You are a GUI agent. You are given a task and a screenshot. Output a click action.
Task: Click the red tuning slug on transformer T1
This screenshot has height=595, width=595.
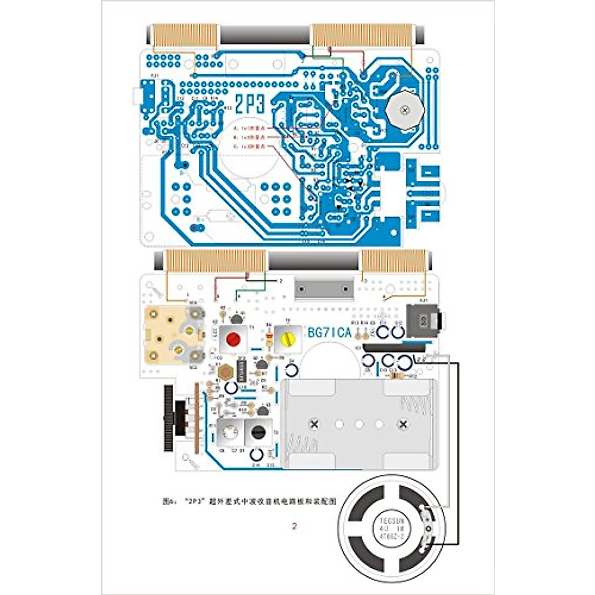pos(233,340)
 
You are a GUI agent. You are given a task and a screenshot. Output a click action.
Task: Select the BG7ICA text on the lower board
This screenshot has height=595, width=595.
pos(329,333)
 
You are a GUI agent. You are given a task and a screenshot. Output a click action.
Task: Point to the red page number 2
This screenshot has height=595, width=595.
pos(295,526)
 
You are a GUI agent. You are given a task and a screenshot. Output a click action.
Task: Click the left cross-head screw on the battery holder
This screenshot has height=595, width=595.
pos(314,424)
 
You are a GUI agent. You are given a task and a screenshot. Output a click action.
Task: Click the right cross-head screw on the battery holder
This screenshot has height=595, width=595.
pos(403,424)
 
